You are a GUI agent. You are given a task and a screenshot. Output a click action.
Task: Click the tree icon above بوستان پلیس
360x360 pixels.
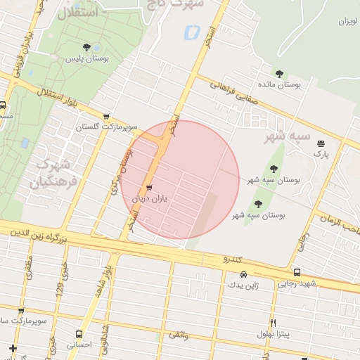click(86, 48)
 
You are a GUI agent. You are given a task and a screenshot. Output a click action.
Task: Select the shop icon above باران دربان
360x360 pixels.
click(148, 188)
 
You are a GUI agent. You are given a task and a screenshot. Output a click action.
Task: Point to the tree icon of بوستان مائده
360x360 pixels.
click(279, 73)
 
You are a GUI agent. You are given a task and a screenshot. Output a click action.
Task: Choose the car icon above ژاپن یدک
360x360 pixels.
click(243, 275)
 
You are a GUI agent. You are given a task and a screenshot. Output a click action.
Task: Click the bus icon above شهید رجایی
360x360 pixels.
click(297, 272)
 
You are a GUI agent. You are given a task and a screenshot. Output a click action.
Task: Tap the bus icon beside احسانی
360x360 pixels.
click(79, 334)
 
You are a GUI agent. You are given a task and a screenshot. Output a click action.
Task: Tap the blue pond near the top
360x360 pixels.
click(191, 32)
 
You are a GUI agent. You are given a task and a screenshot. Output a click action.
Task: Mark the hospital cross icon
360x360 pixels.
click(12, 347)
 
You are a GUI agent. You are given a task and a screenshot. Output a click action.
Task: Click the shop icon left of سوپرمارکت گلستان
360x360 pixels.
click(106, 117)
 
